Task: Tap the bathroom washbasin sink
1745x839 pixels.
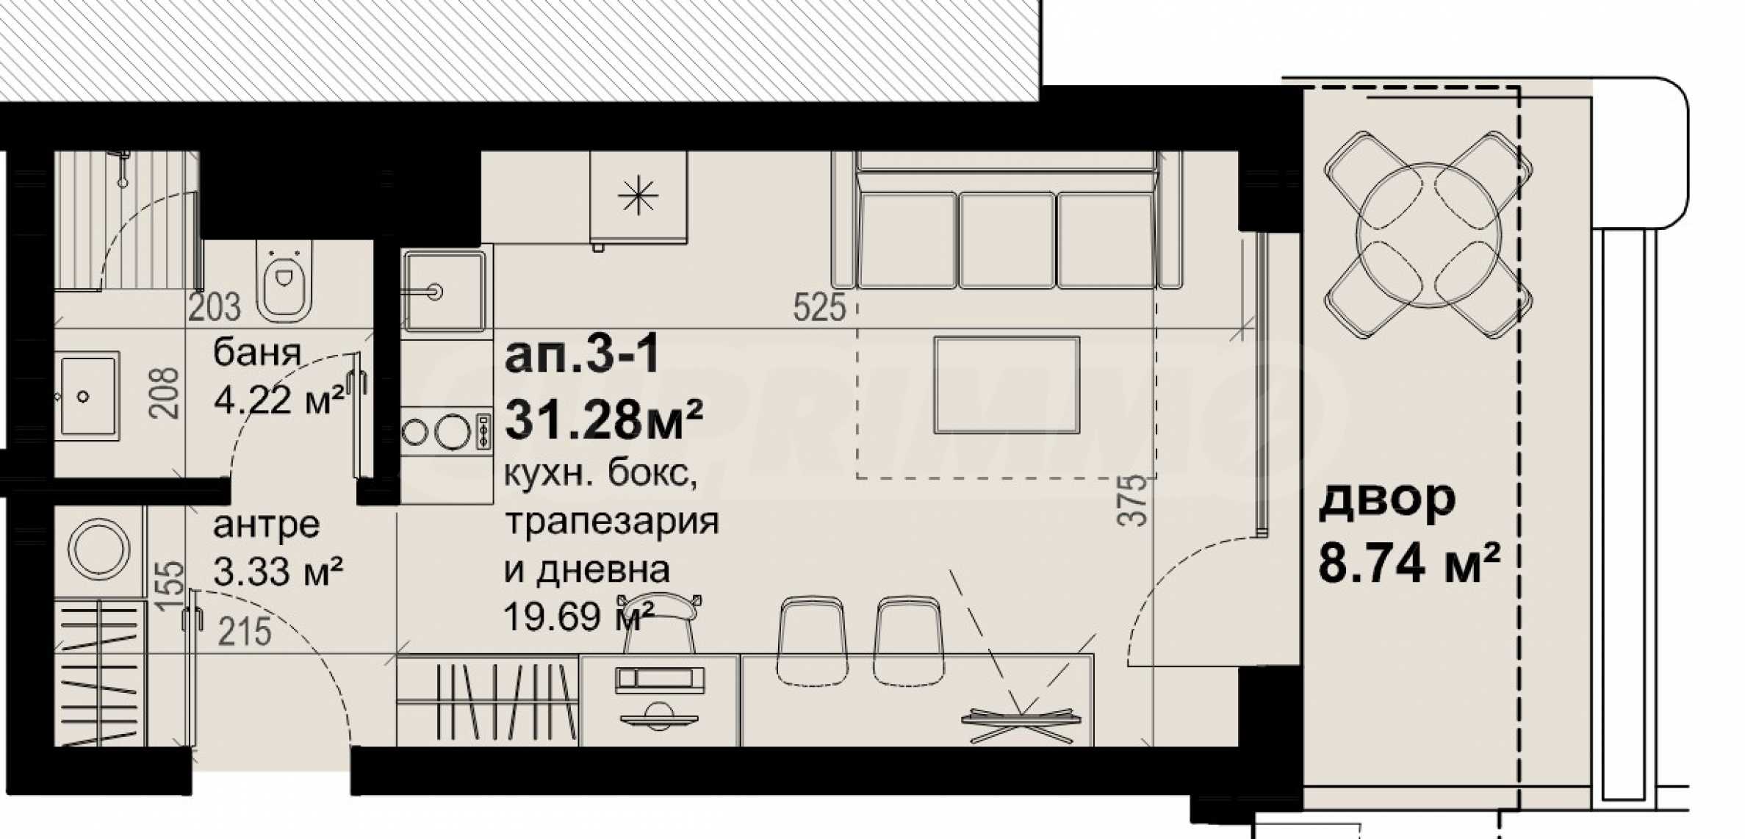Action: click(x=87, y=396)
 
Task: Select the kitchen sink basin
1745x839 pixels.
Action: click(x=443, y=291)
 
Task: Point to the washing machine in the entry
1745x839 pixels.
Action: click(x=99, y=550)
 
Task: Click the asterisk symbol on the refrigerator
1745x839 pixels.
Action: click(x=638, y=196)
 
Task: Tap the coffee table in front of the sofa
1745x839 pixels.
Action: click(x=1007, y=385)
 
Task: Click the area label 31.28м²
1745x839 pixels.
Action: click(x=603, y=420)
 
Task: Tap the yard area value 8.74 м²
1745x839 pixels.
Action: click(x=1408, y=563)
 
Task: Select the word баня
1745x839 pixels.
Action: click(x=257, y=353)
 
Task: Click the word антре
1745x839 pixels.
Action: click(x=267, y=525)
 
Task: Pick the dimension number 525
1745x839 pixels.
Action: click(x=819, y=306)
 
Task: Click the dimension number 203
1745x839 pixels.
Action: click(x=214, y=307)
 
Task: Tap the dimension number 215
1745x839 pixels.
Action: click(x=245, y=632)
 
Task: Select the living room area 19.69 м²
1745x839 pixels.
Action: click(x=578, y=617)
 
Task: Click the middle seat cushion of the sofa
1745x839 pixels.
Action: click(x=1007, y=240)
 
